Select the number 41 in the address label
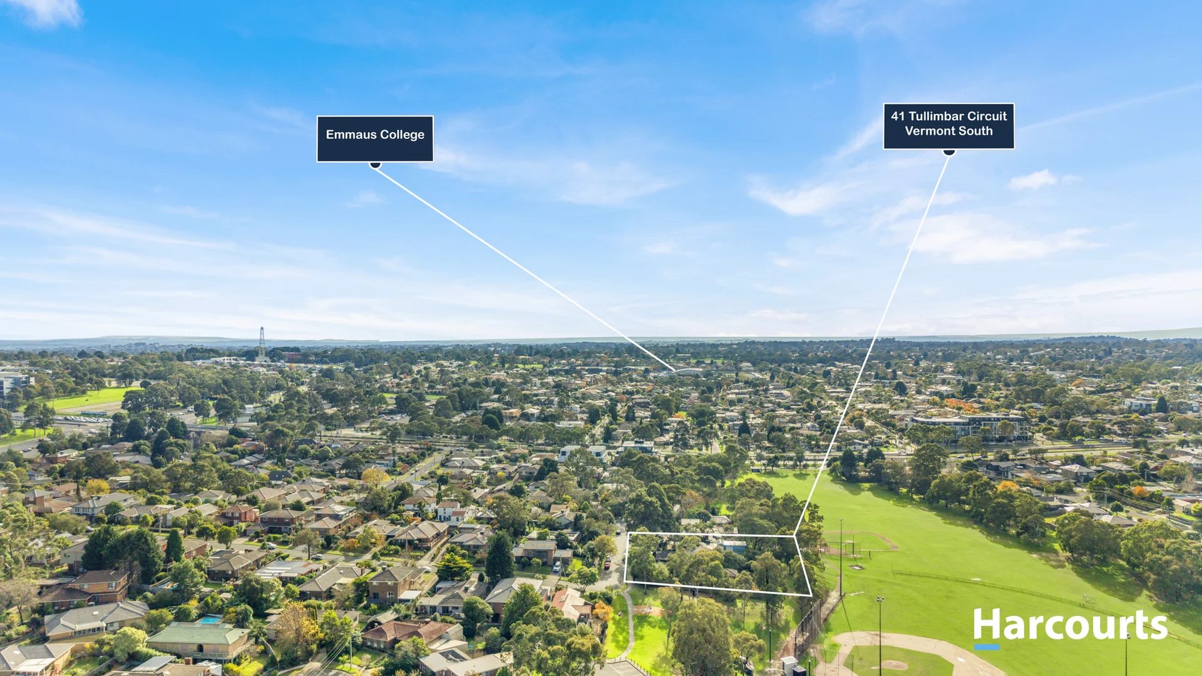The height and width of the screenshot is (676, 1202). tap(898, 116)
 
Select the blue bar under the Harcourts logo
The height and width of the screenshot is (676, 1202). tap(987, 647)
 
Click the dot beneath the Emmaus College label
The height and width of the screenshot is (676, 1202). tap(375, 165)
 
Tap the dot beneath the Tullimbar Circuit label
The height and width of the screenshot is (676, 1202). tap(949, 151)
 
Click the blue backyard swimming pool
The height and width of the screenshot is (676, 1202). tap(210, 620)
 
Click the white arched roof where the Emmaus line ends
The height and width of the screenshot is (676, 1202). tap(687, 372)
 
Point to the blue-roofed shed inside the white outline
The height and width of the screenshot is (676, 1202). tap(734, 546)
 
